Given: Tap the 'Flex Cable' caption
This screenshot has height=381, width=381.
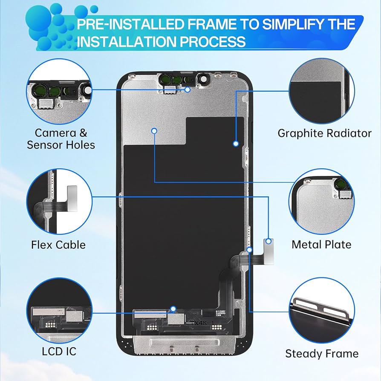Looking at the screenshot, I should pos(58,245).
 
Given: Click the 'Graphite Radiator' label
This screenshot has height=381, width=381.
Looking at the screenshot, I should pos(324,133).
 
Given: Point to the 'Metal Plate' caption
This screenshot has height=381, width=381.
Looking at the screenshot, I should pos(321,244).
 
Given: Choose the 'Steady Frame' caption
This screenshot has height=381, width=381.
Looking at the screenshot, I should pos(322,353).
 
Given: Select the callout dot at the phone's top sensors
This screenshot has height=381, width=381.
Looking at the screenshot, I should pos(188,89).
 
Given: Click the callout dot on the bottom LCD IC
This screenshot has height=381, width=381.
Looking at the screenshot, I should pos(173,308).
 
